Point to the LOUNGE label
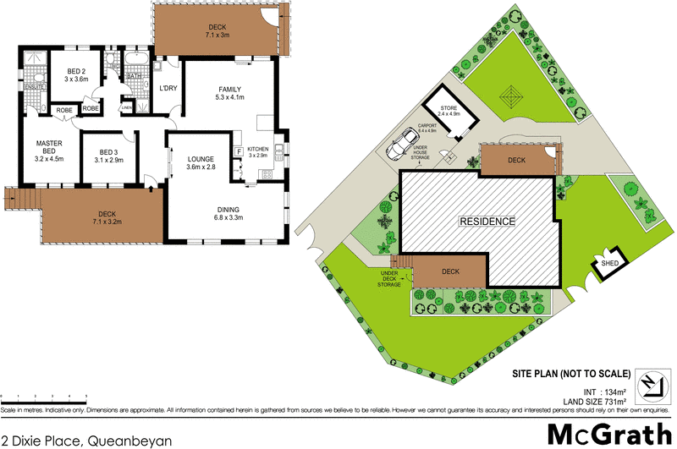(202, 157)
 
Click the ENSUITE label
(34, 87)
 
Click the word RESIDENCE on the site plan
(487, 222)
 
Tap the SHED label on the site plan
(610, 264)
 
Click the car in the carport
(401, 145)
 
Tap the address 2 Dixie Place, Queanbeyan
(86, 440)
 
